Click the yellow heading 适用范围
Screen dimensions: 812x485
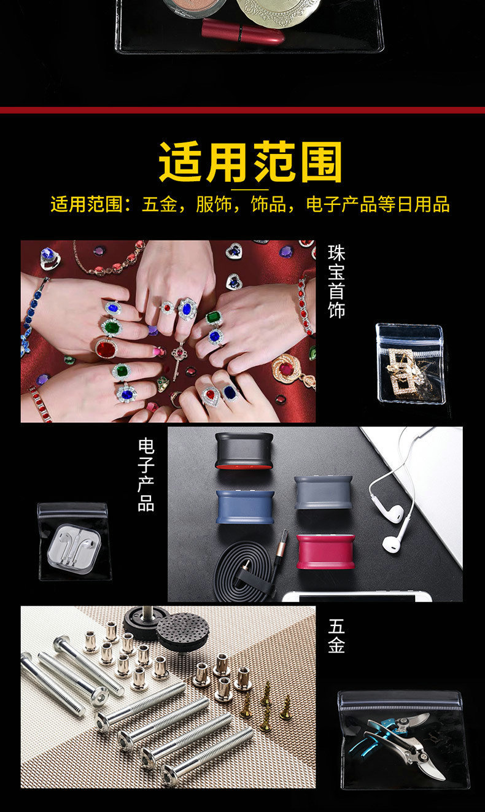coord(250,162)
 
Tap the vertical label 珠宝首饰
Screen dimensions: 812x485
coord(336,281)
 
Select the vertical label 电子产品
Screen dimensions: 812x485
coord(146,474)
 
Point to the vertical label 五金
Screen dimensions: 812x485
coord(336,636)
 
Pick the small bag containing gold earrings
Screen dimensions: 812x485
coord(410,363)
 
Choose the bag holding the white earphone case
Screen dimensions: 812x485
coord(74,541)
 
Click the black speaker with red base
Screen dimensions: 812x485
coord(244,451)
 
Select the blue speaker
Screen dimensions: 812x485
coord(244,506)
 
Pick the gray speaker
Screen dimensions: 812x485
coord(323,492)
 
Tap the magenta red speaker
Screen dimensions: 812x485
coord(325,551)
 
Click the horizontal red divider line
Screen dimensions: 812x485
coord(243,110)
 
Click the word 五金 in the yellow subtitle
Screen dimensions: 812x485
coord(160,204)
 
